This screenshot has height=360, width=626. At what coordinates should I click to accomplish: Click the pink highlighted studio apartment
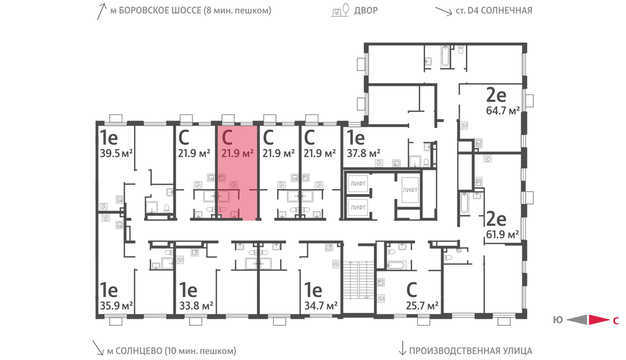pyautogui.click(x=236, y=173)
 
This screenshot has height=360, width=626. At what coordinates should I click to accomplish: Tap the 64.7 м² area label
pyautogui.click(x=503, y=111)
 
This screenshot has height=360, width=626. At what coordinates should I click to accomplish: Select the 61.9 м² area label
pyautogui.click(x=502, y=234)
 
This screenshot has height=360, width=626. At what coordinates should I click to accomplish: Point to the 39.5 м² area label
pyautogui.click(x=116, y=153)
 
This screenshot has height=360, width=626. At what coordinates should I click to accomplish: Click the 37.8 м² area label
pyautogui.click(x=363, y=153)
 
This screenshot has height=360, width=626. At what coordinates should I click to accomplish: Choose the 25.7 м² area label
pyautogui.click(x=422, y=306)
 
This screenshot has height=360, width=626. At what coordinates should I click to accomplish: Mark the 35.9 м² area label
pyautogui.click(x=116, y=306)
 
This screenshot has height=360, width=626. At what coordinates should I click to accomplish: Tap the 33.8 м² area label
pyautogui.click(x=196, y=306)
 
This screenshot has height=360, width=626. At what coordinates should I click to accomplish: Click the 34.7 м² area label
pyautogui.click(x=321, y=306)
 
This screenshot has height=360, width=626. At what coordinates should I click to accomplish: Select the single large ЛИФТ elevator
pyautogui.click(x=410, y=190)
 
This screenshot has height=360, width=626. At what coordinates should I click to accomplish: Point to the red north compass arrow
pyautogui.click(x=599, y=319)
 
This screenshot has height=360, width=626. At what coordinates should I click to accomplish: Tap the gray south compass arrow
pyautogui.click(x=577, y=319)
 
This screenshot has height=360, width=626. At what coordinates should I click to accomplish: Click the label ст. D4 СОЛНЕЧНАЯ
pyautogui.click(x=494, y=10)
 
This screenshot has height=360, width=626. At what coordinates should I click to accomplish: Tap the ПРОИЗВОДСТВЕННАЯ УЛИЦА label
pyautogui.click(x=471, y=351)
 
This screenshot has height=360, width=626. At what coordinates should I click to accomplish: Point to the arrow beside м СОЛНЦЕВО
pyautogui.click(x=98, y=348)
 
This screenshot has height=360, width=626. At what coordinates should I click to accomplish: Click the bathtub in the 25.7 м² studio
pyautogui.click(x=396, y=265)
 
